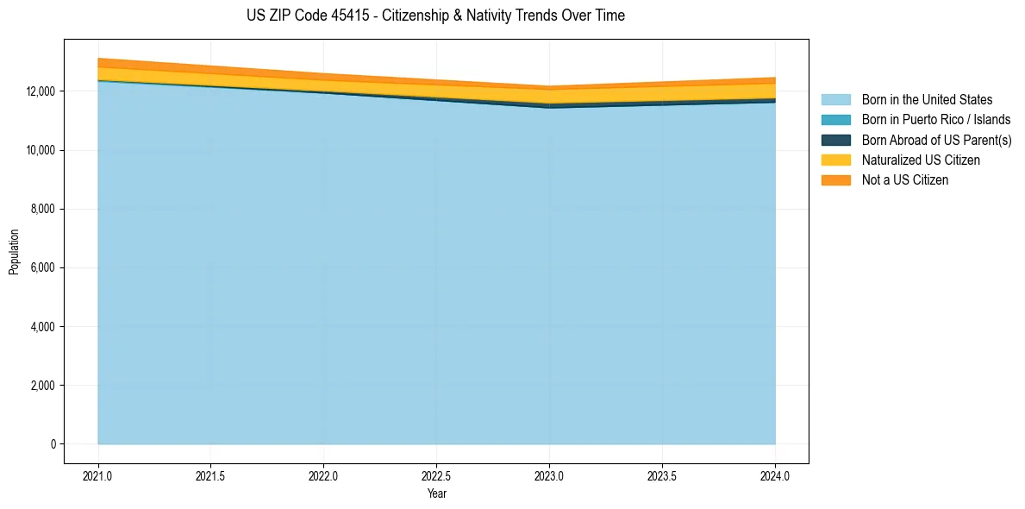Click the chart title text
click(x=435, y=16)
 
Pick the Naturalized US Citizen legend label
click(x=921, y=160)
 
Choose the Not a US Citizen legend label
click(x=904, y=180)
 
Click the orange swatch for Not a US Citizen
click(x=835, y=180)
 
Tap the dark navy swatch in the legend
click(x=835, y=140)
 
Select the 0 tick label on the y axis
click(x=53, y=444)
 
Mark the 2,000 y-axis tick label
click(x=41, y=386)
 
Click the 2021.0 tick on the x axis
click(x=98, y=475)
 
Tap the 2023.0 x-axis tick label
click(x=549, y=475)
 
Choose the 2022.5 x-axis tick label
click(x=436, y=475)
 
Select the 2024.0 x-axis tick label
click(x=775, y=475)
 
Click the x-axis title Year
click(x=436, y=493)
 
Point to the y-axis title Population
click(x=14, y=252)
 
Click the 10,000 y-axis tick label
click(x=38, y=150)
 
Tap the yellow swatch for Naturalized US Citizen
click(x=835, y=160)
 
